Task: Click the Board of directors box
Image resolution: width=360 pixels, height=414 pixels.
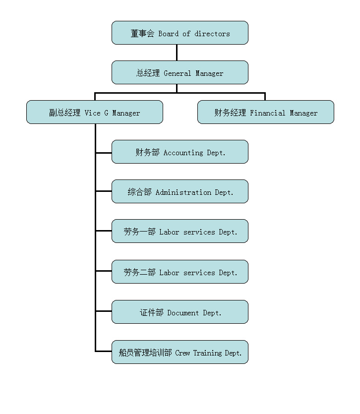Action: click(180, 33)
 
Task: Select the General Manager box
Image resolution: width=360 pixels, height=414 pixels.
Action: click(180, 72)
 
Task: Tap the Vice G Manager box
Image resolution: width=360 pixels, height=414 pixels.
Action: click(94, 112)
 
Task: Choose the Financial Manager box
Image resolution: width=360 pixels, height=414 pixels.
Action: click(265, 112)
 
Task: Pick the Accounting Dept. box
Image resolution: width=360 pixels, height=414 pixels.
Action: click(180, 152)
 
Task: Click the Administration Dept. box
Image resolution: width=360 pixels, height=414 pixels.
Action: click(180, 191)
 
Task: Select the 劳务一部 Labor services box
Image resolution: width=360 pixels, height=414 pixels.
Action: click(180, 231)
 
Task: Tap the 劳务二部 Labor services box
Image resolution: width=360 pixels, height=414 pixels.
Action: click(180, 272)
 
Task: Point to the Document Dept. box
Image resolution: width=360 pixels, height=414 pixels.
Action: click(180, 312)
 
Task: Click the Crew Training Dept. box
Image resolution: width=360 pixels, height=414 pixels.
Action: click(180, 352)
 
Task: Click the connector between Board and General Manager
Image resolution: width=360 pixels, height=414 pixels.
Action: click(177, 53)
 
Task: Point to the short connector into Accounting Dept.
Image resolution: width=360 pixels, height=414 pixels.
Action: click(104, 153)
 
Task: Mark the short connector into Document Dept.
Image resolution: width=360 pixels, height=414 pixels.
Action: click(104, 311)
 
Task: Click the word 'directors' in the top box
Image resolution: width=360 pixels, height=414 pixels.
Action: click(212, 34)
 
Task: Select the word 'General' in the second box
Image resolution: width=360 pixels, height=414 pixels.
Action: click(177, 73)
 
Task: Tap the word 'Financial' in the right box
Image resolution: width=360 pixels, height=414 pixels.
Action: click(268, 113)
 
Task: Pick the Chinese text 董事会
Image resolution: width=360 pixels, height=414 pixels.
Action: click(142, 34)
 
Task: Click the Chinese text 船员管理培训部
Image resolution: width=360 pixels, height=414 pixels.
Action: click(145, 353)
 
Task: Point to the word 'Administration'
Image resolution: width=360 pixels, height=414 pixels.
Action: click(183, 192)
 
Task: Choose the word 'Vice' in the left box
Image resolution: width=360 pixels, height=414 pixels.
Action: click(92, 113)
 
